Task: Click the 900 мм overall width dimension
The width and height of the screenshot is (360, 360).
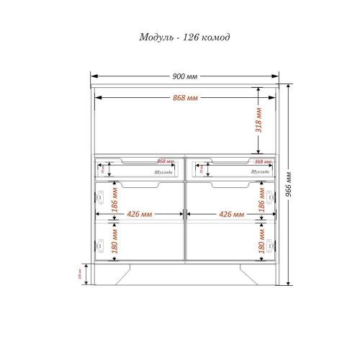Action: click(186, 76)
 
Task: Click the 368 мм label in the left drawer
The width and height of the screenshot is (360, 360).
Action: click(164, 161)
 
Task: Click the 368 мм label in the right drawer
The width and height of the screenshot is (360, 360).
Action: click(263, 161)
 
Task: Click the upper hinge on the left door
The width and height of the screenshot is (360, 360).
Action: click(100, 196)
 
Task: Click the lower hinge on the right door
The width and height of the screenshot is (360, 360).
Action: click(271, 245)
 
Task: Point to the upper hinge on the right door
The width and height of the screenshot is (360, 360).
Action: click(271, 196)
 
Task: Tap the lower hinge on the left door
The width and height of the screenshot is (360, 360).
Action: click(100, 245)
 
